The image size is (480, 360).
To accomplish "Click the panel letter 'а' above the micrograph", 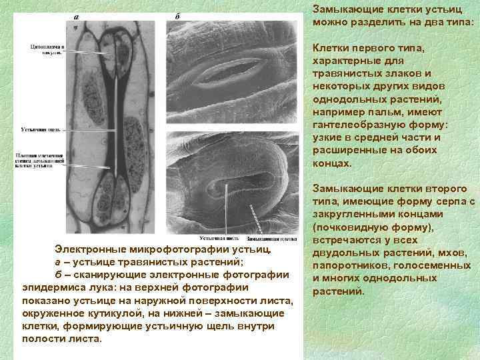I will coord(75,17).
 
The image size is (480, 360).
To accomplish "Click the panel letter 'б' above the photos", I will coord(177,17).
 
